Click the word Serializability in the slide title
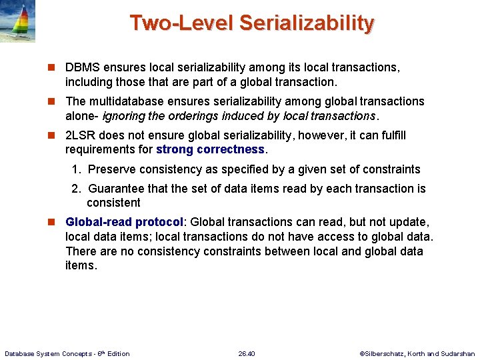point(306,23)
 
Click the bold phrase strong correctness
point(210,149)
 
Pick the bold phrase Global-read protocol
point(124,222)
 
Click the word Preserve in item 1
point(111,169)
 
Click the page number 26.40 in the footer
point(247,353)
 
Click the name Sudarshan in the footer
point(457,353)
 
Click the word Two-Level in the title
point(181,23)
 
